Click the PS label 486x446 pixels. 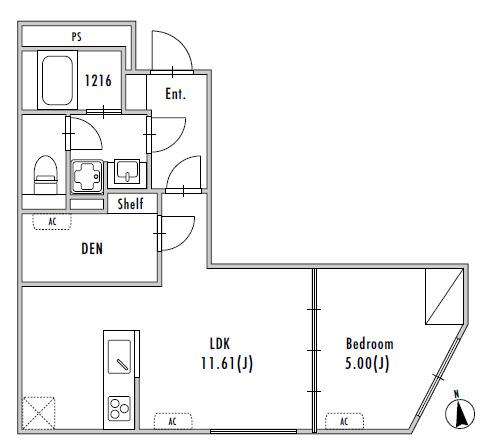pyautogui.click(x=76, y=36)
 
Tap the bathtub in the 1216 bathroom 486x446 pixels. pyautogui.click(x=57, y=80)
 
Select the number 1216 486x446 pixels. pyautogui.click(x=98, y=81)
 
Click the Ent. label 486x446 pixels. pyautogui.click(x=175, y=94)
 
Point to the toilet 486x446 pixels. pyautogui.click(x=46, y=175)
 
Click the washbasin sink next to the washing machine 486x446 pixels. pyautogui.click(x=127, y=172)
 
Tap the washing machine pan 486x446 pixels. pyautogui.click(x=87, y=176)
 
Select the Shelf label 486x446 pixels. pyautogui.click(x=130, y=203)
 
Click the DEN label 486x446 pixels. pyautogui.click(x=92, y=249)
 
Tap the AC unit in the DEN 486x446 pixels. pyautogui.click(x=52, y=222)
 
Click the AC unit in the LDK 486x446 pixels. pyautogui.click(x=173, y=421)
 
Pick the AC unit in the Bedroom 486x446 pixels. pyautogui.click(x=344, y=421)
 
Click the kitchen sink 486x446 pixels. pyautogui.click(x=119, y=357)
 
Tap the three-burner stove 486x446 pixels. pyautogui.click(x=119, y=408)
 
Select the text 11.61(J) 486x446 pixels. pyautogui.click(x=227, y=363)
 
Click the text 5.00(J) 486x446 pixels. pyautogui.click(x=367, y=363)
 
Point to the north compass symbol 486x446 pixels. pyautogui.click(x=460, y=411)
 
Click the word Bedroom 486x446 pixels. pyautogui.click(x=370, y=344)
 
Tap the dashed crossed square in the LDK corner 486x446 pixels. pyautogui.click(x=38, y=413)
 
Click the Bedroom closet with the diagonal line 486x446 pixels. pyautogui.click(x=444, y=296)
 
